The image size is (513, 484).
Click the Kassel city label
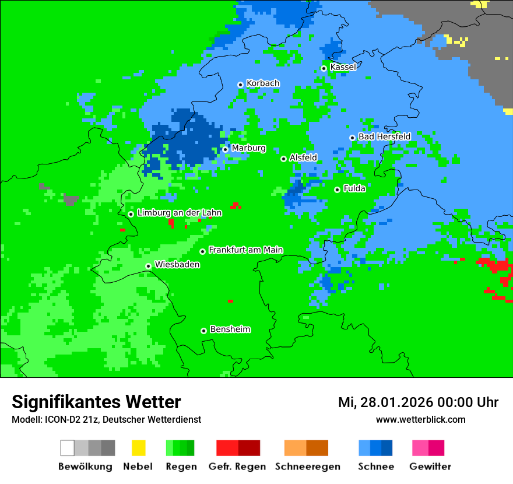[x=343, y=67]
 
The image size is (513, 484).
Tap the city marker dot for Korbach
[x=240, y=85]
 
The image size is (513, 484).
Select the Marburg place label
[x=248, y=148]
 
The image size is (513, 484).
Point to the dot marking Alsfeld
[x=283, y=159]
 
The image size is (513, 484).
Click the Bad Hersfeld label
[x=384, y=136]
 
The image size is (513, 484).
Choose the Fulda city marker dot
[x=337, y=190]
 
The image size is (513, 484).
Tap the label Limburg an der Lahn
[x=179, y=213]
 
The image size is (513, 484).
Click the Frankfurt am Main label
[x=245, y=250]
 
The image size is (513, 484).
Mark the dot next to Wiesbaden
[x=149, y=266]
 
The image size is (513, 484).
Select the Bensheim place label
[x=230, y=329]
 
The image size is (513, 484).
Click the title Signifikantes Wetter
[x=96, y=402]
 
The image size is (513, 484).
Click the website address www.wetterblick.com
[x=420, y=419]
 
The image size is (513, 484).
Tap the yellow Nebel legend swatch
[x=138, y=448]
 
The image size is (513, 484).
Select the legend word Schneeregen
[x=307, y=467]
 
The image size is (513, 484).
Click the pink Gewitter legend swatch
[x=420, y=448]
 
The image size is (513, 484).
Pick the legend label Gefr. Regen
[x=237, y=467]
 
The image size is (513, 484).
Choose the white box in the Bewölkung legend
[x=68, y=448]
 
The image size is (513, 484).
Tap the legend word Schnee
[x=375, y=467]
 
